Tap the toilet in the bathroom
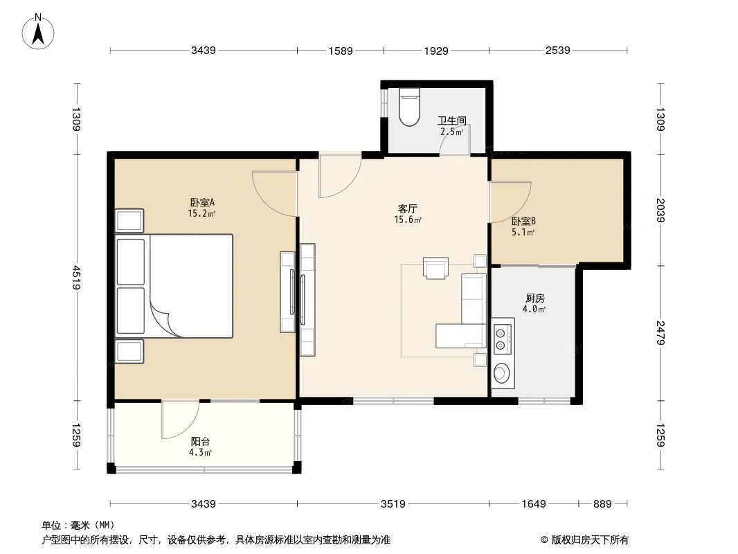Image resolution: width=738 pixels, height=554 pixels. point(408,107)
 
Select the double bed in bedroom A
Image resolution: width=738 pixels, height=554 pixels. point(174,286)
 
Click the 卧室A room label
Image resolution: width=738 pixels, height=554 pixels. point(202,202)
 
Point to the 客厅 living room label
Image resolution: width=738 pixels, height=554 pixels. point(408,208)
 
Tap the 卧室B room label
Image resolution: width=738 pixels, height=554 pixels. point(523,221)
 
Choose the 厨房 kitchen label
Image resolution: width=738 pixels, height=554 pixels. point(534,298)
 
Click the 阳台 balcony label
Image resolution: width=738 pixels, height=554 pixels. point(200,442)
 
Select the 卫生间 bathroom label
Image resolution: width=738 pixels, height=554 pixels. point(452,121)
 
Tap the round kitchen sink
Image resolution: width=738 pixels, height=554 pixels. point(501,373)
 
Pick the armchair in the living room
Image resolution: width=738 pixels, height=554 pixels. point(436,268)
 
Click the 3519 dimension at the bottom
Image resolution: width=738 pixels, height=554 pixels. point(393,504)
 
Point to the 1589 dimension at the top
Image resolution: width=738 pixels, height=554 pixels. point(341,51)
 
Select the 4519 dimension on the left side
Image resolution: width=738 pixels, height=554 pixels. point(76,278)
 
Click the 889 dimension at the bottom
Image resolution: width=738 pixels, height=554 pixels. point(602,504)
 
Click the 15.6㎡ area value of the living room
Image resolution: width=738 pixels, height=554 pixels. point(408,220)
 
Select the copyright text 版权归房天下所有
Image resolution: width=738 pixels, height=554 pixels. point(590,540)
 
